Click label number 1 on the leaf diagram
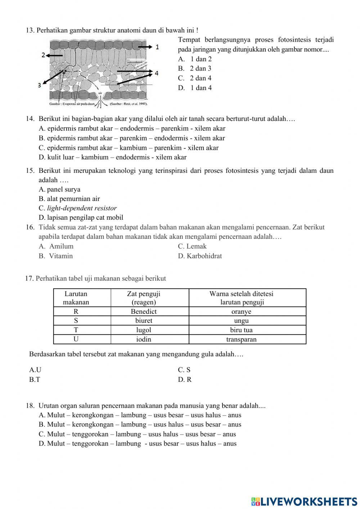point(157,47)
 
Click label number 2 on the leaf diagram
point(43,55)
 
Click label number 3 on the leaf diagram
point(40,85)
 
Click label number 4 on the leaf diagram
point(157,73)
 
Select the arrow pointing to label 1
point(145,47)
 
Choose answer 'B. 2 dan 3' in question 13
point(194,68)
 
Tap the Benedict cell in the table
point(144,312)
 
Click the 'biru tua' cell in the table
point(241,330)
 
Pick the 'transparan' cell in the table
point(241,339)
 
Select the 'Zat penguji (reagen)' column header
point(144,298)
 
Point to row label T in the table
point(76,330)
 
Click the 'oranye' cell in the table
point(241,312)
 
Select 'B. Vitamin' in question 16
point(56,256)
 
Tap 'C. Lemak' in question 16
point(192,246)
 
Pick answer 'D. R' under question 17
point(185,380)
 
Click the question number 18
point(30,406)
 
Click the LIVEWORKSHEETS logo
point(304,501)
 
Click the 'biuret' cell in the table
point(144,321)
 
